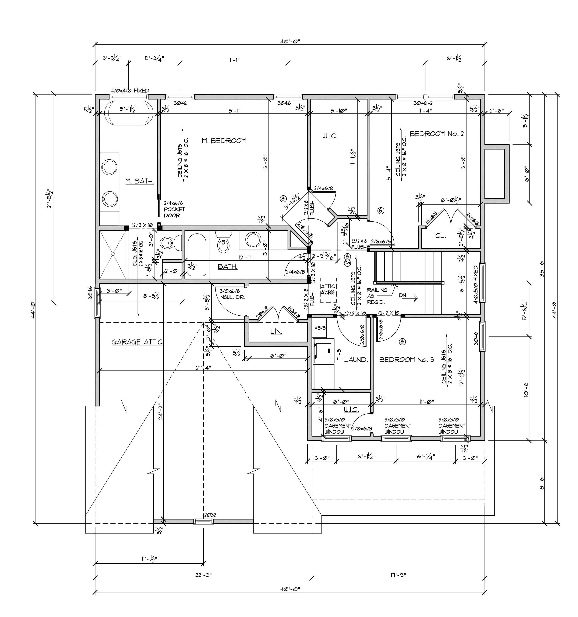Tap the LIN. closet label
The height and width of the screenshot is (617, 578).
276,332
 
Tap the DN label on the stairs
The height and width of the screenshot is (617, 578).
402,296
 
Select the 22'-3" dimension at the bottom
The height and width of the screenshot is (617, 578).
203,575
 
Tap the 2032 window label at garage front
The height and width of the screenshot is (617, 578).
210,515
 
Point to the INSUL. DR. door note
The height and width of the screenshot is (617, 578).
232,294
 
